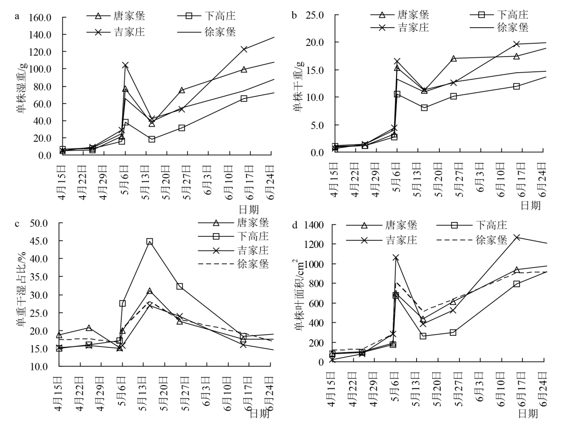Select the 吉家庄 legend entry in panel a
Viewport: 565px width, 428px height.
117,32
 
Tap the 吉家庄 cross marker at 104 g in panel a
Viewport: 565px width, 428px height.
125,65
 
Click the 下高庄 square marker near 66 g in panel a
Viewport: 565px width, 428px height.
244,99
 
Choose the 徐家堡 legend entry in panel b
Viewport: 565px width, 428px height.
499,28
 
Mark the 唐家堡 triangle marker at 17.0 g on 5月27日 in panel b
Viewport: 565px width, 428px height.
454,58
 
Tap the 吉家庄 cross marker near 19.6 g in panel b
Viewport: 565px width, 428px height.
516,44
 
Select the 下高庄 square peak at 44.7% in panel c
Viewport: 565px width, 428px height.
150,242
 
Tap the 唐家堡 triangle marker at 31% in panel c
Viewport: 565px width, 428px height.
150,291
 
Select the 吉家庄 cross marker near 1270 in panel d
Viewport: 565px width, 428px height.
516,238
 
